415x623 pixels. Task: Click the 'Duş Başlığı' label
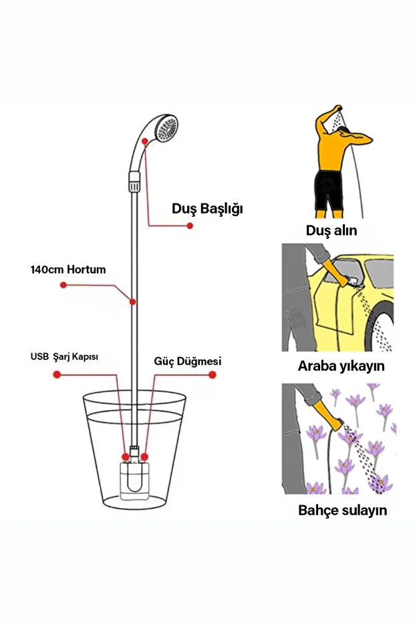click(x=207, y=209)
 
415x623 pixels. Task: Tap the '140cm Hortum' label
click(x=68, y=270)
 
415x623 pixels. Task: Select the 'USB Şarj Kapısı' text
click(x=64, y=357)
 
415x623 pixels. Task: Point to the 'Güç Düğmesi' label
click(x=188, y=361)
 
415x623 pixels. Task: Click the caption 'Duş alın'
click(x=331, y=230)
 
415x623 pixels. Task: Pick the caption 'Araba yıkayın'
click(x=341, y=366)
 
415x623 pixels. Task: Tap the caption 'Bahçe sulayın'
click(x=342, y=510)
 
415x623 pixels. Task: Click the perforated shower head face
click(x=167, y=128)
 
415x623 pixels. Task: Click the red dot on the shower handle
click(x=145, y=141)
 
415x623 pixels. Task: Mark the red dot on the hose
click(x=133, y=302)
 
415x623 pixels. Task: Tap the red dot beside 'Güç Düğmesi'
click(x=213, y=375)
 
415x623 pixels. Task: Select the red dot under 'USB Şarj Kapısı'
click(x=57, y=374)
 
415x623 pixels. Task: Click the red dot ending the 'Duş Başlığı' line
click(x=190, y=226)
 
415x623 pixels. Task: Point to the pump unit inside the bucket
click(x=135, y=478)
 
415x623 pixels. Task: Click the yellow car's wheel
click(x=382, y=327)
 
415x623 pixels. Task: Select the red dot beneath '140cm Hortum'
click(x=63, y=285)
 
